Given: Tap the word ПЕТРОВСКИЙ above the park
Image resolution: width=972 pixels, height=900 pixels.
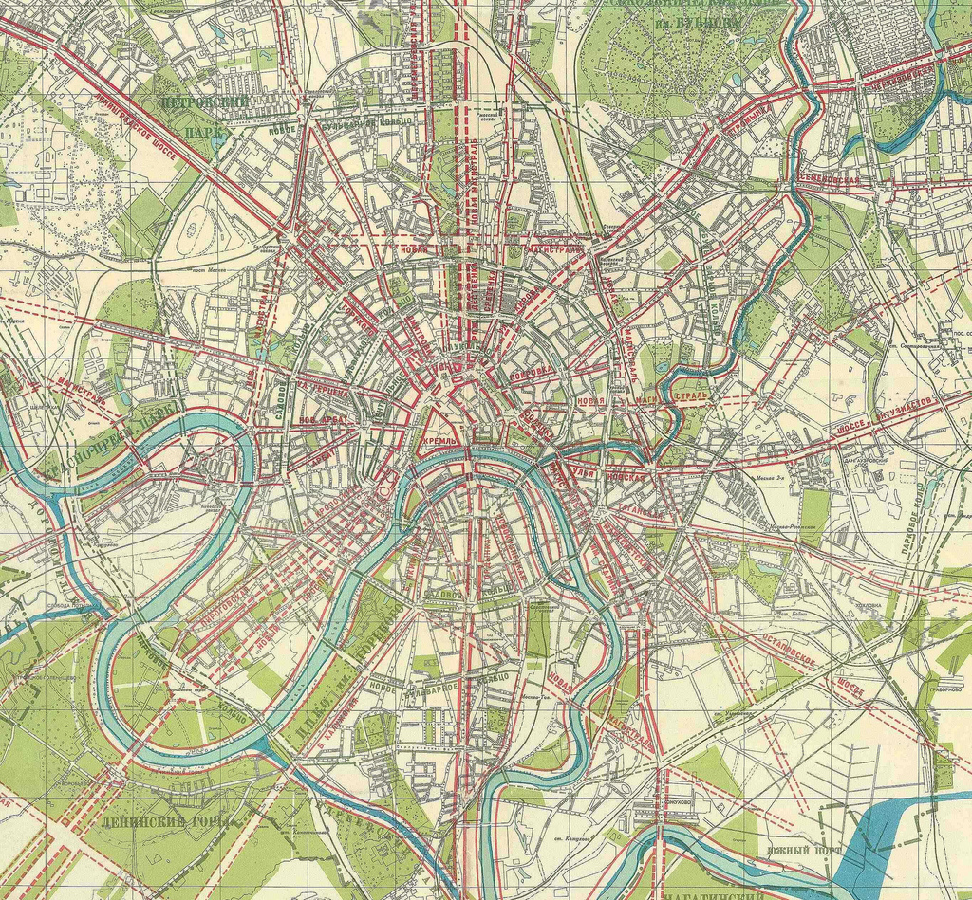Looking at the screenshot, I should [205, 101].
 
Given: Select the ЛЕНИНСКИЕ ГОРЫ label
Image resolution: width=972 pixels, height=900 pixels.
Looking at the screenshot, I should [158, 821].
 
